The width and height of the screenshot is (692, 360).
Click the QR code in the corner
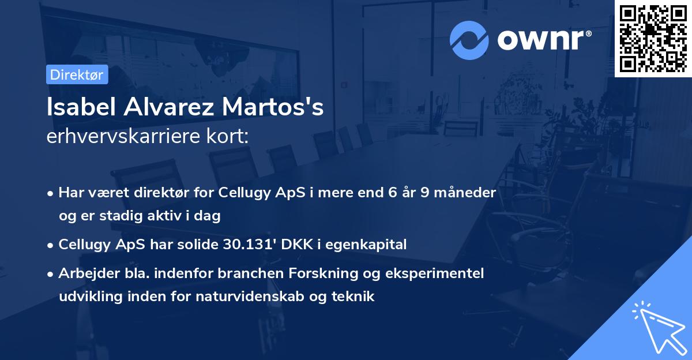pos(653,39)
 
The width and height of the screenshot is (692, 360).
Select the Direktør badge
pos(76,74)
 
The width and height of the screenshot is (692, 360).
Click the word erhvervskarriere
pos(121,137)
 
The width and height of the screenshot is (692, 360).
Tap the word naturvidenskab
pos(279,297)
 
